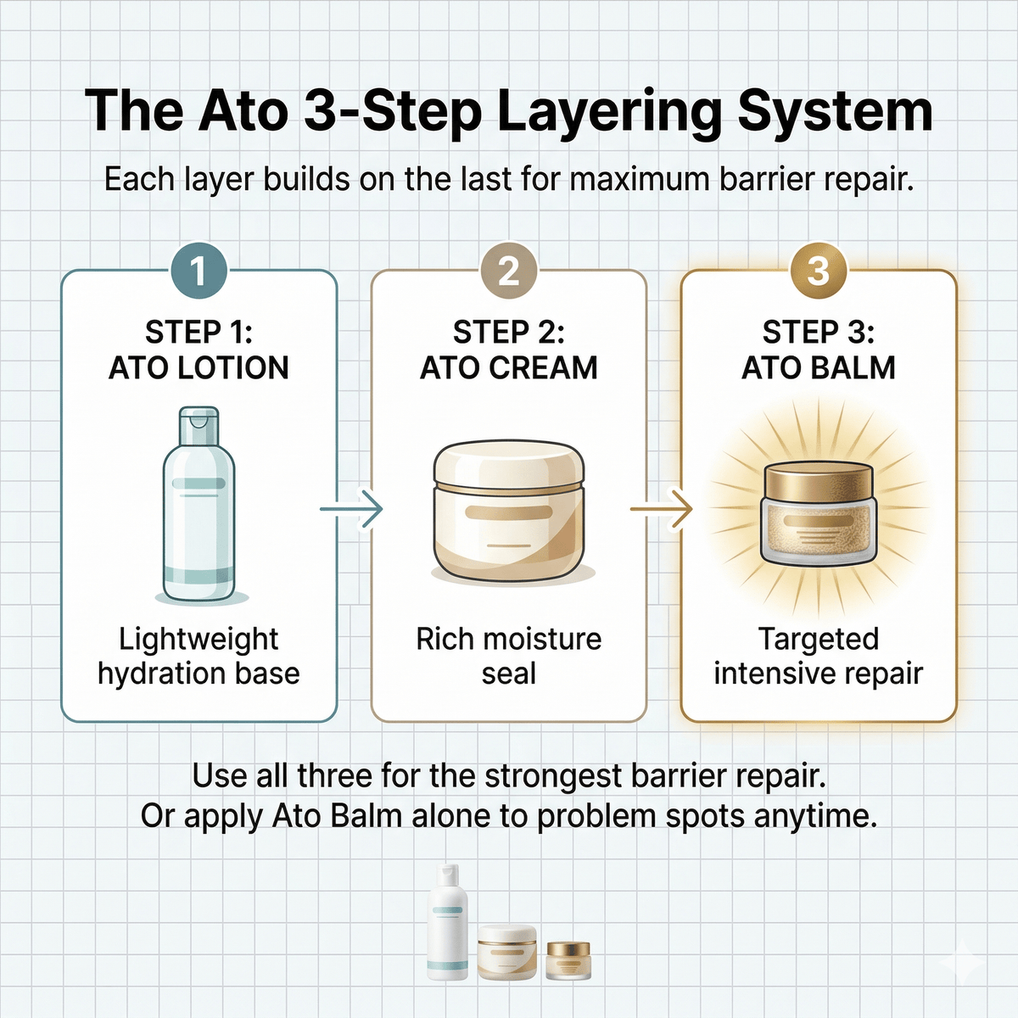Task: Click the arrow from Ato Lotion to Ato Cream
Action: point(350,509)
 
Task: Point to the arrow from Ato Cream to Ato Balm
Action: point(661,509)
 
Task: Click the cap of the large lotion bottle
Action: point(199,426)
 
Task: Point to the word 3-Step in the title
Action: point(393,113)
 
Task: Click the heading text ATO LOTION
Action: point(199,368)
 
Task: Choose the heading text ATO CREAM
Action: point(509,368)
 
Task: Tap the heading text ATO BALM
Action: point(819,368)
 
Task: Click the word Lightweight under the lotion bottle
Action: point(199,640)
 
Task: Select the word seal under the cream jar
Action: point(509,674)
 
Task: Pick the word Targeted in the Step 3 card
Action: point(819,640)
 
